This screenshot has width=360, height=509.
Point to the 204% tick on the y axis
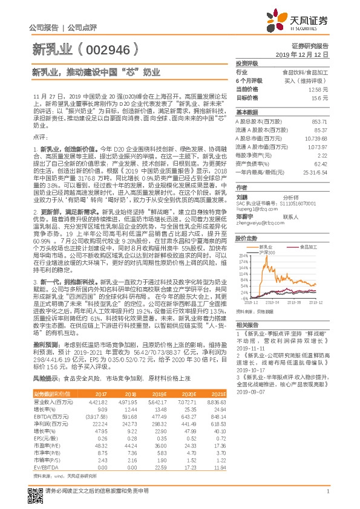coord(244,256)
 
